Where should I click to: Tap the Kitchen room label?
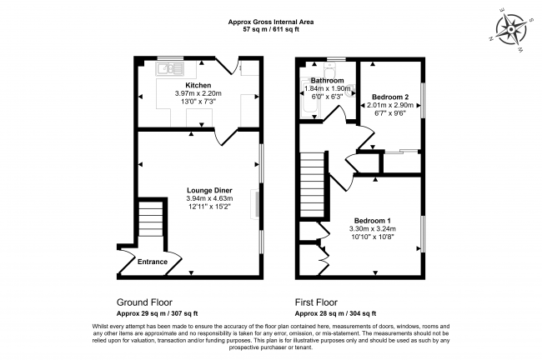(x=198, y=85)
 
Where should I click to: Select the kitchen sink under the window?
(x=172, y=67)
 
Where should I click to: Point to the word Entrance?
(x=153, y=262)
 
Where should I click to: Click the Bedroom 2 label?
(x=389, y=97)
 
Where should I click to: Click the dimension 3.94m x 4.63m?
(x=209, y=199)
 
